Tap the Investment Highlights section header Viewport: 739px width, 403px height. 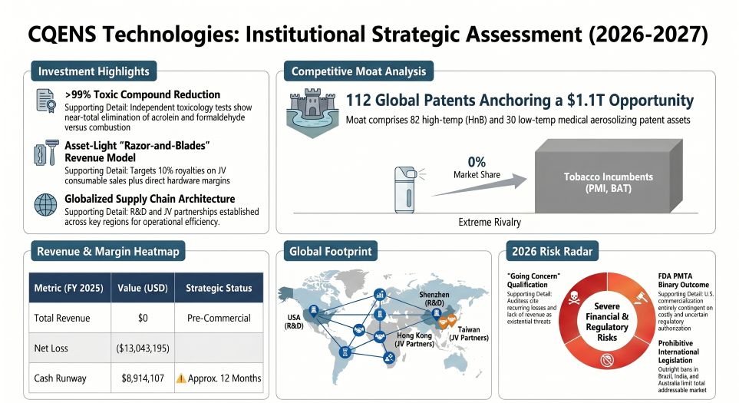[93, 72]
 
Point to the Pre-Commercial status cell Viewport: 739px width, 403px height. [219, 317]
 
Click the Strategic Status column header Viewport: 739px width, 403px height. [219, 288]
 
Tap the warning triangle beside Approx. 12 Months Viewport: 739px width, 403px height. [181, 378]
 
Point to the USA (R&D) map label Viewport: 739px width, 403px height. [294, 322]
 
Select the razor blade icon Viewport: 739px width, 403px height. [44, 151]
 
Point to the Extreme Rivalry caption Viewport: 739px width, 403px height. [490, 222]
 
